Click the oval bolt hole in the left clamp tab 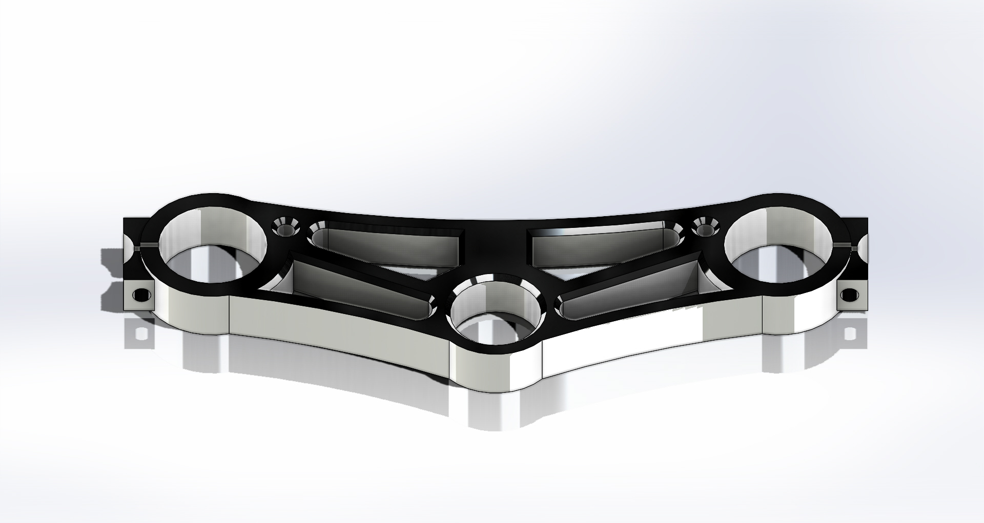click(x=140, y=296)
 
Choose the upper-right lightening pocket click(x=605, y=245)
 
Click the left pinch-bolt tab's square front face click(x=141, y=296)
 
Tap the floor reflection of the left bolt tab click(x=139, y=334)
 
